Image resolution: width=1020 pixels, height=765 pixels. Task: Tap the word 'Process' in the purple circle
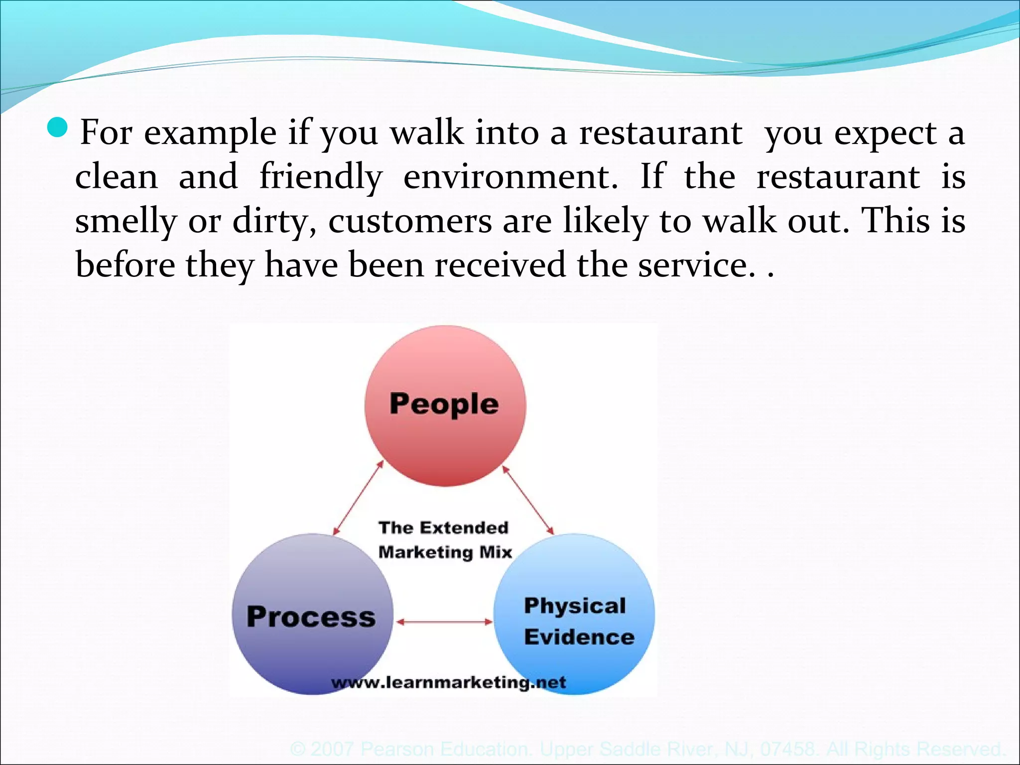click(x=311, y=617)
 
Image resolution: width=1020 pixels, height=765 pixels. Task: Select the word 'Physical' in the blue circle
click(x=575, y=606)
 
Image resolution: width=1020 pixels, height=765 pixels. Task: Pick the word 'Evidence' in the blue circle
click(x=579, y=637)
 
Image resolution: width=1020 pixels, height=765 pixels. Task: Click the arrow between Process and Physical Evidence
click(x=444, y=622)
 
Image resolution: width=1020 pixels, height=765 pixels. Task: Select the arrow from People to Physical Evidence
click(x=528, y=500)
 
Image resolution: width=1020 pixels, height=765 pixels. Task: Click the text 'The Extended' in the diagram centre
click(x=443, y=527)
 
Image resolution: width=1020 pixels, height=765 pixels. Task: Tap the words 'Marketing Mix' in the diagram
click(x=445, y=552)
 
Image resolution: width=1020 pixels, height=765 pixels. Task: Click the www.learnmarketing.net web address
click(x=448, y=682)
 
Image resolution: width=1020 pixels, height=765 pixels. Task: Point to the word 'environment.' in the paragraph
click(x=510, y=177)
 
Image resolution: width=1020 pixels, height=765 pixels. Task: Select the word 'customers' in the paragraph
click(x=410, y=221)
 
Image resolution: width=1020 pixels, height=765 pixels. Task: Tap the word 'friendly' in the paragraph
click(x=321, y=177)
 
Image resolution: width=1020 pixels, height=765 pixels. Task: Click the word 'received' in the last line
click(x=500, y=264)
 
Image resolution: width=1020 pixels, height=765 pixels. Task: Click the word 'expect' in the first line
click(x=886, y=133)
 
